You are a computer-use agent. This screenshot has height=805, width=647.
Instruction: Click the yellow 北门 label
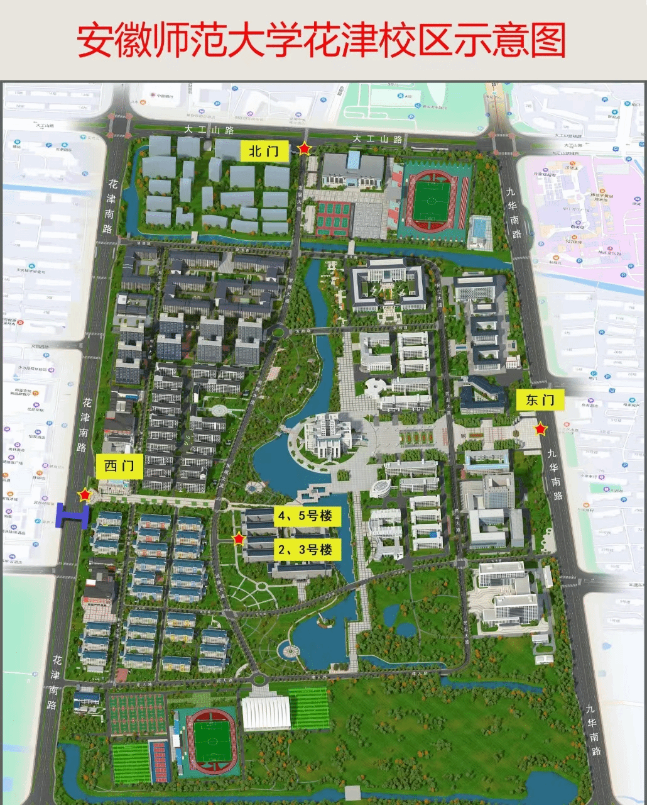pyautogui.click(x=264, y=151)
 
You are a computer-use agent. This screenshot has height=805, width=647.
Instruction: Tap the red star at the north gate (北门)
pyautogui.click(x=304, y=149)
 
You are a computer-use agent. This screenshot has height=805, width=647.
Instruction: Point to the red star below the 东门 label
pyautogui.click(x=540, y=430)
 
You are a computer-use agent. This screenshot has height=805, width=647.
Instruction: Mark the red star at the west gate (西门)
pyautogui.click(x=84, y=495)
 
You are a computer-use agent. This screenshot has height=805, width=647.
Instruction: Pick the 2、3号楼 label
pyautogui.click(x=305, y=549)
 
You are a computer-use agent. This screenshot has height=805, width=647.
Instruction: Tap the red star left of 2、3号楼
pyautogui.click(x=238, y=539)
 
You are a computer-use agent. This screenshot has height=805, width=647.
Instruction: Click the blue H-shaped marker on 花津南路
pyautogui.click(x=72, y=515)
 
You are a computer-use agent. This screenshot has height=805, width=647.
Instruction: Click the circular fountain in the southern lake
pyautogui.click(x=290, y=651)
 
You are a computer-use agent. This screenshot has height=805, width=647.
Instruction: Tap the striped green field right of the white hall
pyautogui.click(x=309, y=708)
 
